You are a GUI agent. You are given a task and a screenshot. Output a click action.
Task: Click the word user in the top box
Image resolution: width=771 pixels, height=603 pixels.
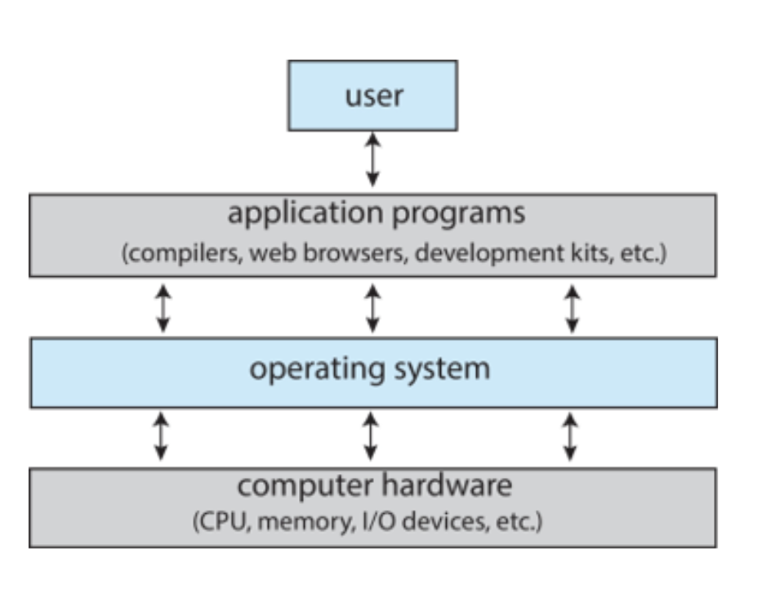pos(374,96)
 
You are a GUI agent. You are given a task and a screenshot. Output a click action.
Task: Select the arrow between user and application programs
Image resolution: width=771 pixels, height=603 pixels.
pos(372,160)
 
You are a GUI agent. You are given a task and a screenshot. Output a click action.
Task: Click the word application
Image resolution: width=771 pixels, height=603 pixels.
pos(305,214)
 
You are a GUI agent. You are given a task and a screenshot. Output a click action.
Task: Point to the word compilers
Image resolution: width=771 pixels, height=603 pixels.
pos(182,254)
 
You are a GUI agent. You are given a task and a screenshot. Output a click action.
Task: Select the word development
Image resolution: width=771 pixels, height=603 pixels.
pos(490,253)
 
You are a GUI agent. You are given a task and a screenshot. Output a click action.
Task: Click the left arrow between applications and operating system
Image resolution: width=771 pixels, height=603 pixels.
pos(163,308)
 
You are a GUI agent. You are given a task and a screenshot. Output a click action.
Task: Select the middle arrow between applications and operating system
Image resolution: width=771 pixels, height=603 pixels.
pos(372,308)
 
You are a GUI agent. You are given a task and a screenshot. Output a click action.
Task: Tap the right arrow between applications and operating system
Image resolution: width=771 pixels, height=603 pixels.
pos(572,309)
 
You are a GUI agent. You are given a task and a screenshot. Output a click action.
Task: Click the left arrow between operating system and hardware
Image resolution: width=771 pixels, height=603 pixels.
pos(161,436)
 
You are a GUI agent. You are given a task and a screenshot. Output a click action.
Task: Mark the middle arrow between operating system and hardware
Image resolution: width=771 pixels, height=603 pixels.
pos(370,436)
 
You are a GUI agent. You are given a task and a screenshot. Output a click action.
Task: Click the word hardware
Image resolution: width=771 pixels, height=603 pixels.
pos(447,485)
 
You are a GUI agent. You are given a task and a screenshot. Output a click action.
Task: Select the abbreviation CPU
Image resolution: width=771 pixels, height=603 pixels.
pos(225,522)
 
